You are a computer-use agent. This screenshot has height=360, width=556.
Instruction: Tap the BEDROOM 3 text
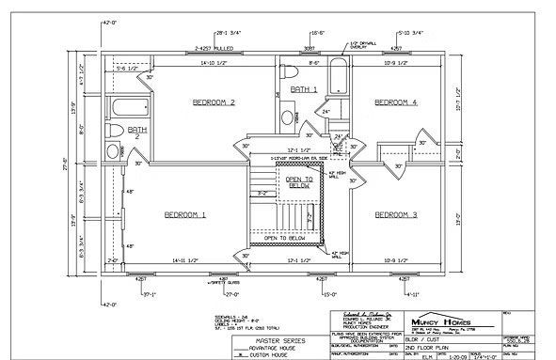(395, 215)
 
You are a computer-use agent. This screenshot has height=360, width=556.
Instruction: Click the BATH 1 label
(304, 89)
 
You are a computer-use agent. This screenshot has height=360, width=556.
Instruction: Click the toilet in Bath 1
(289, 72)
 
